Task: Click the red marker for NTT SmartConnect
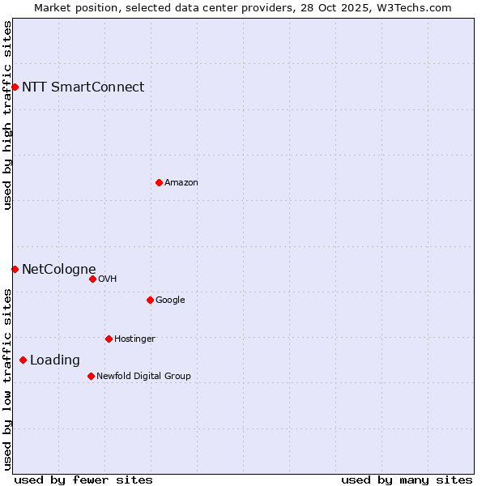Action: [15, 87]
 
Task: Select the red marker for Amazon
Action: [159, 182]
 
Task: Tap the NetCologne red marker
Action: [15, 269]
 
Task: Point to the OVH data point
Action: [92, 279]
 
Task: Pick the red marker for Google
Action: [150, 300]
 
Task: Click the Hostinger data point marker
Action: [109, 339]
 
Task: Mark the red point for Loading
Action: [23, 360]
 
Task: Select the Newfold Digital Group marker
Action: [91, 376]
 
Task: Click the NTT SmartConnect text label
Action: [83, 87]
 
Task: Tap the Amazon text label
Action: [181, 183]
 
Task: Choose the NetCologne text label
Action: [58, 270]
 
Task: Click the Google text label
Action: [170, 301]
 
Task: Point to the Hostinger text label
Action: [134, 339]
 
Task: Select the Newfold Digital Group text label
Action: [143, 377]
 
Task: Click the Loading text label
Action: [55, 360]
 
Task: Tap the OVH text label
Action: [108, 279]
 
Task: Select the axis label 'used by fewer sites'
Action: [83, 480]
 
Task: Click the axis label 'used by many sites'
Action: [407, 480]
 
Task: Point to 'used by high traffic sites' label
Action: [7, 115]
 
